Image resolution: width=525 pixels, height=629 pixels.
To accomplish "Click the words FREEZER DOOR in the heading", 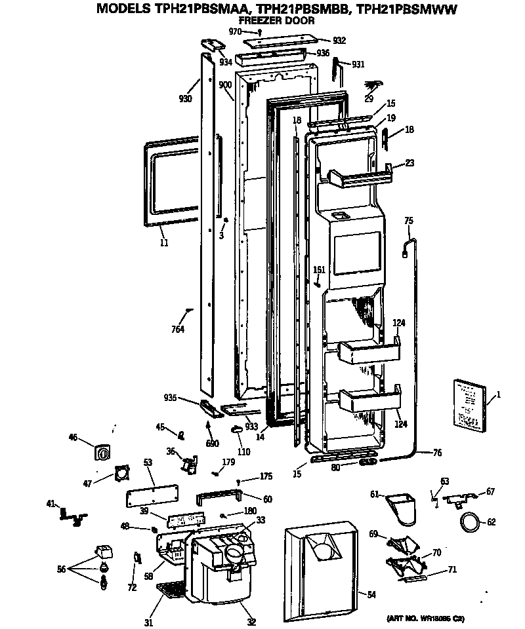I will pyautogui.click(x=276, y=20).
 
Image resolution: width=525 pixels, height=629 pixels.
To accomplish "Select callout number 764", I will pyautogui.click(x=178, y=329).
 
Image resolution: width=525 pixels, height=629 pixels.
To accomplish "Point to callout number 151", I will pyautogui.click(x=319, y=269).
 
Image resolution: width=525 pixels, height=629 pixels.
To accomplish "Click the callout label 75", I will pyautogui.click(x=409, y=221).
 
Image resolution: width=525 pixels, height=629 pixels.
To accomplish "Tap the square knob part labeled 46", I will pyautogui.click(x=102, y=453).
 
